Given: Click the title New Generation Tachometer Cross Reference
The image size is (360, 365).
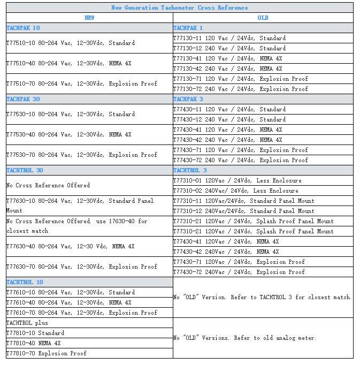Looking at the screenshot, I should coord(180,7).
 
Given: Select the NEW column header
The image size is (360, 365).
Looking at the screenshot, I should coord(89,18).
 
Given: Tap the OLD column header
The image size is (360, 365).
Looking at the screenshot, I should coord(263,18).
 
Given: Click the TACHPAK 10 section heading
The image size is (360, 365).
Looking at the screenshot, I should coord(23,28).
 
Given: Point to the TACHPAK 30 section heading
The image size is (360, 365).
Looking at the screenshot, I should coord(23,99).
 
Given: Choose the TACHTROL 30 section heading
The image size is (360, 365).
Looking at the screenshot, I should coord(25,170).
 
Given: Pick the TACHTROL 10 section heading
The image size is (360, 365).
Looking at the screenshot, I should coord(25,282).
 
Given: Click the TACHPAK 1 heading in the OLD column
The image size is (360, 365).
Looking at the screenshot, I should coord(188,28).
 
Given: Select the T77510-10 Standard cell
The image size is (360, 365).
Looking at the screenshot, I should coord(71,43).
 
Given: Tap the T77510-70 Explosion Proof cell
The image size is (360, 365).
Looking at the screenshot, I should coord(82,83).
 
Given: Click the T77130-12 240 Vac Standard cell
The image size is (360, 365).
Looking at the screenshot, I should coord(229,48).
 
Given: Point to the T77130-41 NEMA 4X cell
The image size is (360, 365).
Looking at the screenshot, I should coord(227,58).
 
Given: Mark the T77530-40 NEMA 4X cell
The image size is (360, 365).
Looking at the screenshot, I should coord(68,134).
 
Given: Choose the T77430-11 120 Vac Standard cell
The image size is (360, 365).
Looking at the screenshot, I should coord(229,109).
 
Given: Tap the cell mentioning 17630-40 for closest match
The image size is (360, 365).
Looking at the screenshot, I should coord(76,226).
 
